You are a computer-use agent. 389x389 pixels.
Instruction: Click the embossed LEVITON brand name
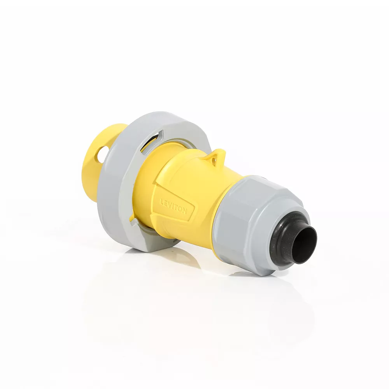tap(173, 207)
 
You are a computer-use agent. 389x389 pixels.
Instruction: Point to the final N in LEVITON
tap(184, 212)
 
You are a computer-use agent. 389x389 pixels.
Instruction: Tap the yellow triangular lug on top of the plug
tap(216, 157)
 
